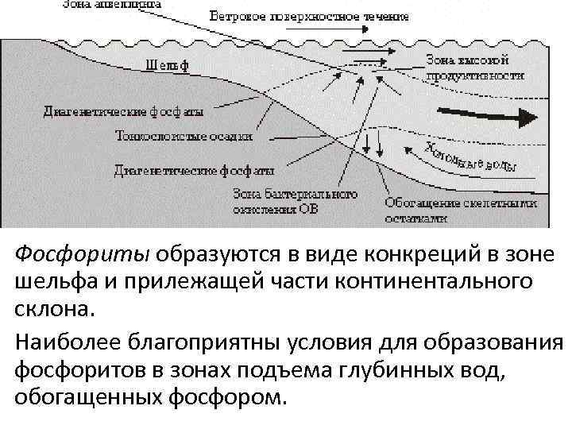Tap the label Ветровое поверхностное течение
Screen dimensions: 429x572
point(310,16)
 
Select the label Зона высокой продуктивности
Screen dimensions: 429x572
point(475,68)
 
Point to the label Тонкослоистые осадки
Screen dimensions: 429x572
point(184,135)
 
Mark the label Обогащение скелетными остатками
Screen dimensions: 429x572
point(461,209)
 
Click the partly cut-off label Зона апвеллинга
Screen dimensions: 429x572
point(111,4)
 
